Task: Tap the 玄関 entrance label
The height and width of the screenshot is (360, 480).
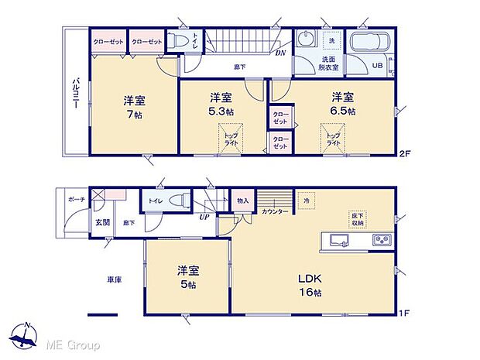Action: (103, 222)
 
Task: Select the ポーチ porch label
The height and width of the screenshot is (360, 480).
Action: (76, 199)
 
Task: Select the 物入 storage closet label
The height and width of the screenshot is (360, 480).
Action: (242, 200)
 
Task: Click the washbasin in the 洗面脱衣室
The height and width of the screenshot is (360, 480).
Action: (305, 40)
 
